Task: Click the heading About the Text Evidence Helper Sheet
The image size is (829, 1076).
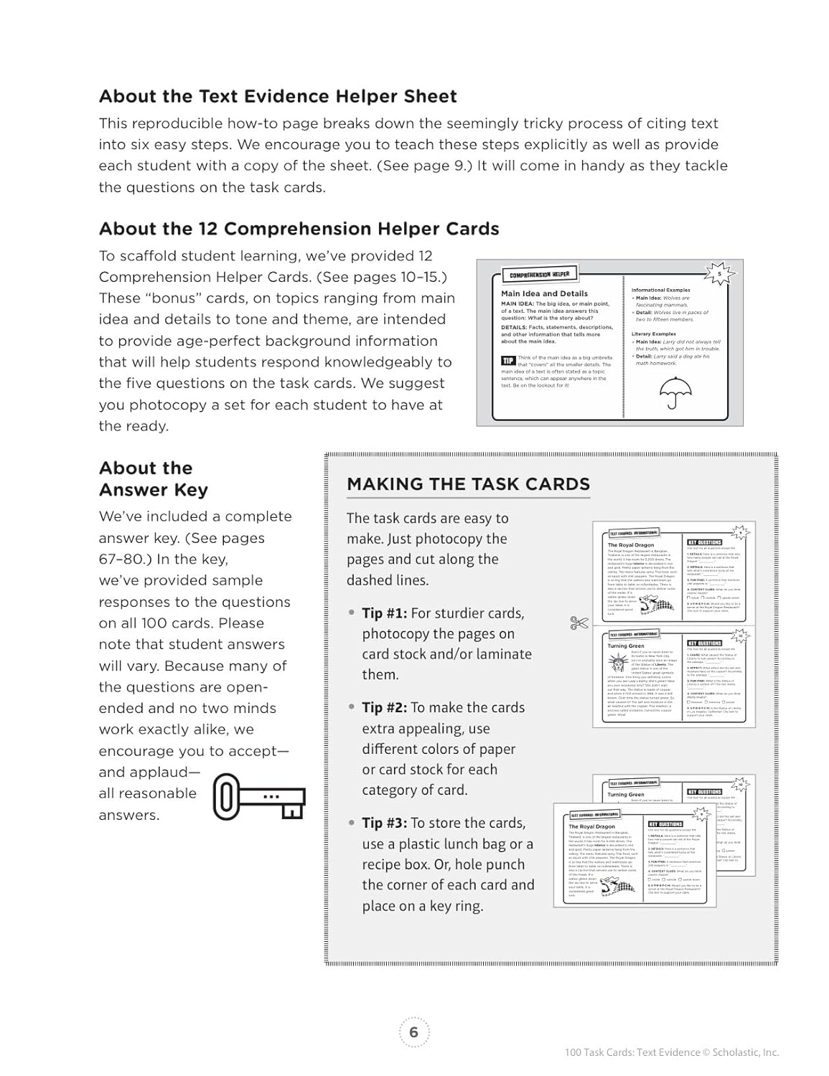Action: [278, 96]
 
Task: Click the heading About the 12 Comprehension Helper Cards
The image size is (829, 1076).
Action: [299, 229]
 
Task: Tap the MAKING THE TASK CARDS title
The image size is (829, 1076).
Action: [468, 484]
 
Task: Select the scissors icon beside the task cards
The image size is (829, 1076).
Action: [579, 623]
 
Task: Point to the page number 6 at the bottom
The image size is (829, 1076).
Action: [413, 1032]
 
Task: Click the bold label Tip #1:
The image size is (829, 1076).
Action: [384, 613]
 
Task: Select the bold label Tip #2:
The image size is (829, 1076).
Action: [384, 707]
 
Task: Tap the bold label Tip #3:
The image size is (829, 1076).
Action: [384, 823]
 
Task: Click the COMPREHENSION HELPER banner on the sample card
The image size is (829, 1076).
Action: [539, 275]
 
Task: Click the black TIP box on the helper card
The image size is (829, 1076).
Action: [507, 361]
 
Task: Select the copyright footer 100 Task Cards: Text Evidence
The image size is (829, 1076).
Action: [671, 1052]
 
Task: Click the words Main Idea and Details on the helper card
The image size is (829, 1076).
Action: [544, 293]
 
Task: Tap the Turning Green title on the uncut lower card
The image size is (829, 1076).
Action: [626, 646]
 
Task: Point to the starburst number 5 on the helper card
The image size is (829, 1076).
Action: [721, 273]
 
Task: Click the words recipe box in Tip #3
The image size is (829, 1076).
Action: [395, 864]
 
